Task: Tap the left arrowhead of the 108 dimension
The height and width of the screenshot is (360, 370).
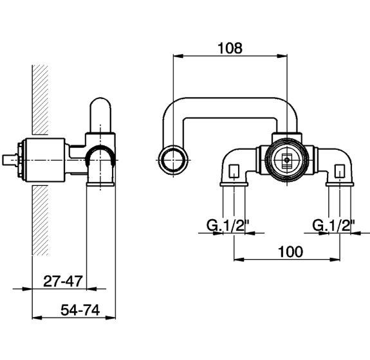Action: [176, 57]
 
